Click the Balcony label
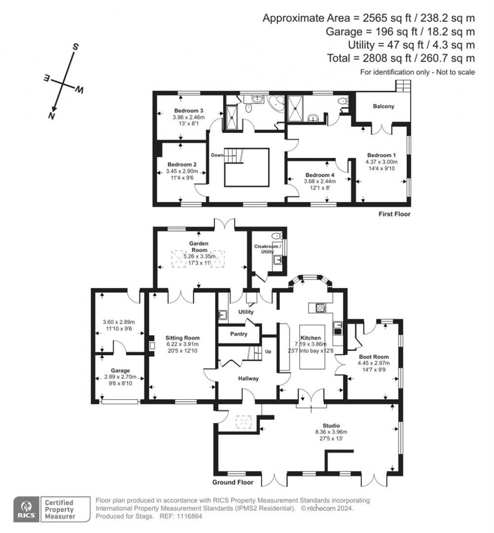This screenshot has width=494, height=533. [x=384, y=106]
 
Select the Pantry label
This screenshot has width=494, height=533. [x=239, y=334]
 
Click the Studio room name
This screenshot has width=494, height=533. [x=331, y=425]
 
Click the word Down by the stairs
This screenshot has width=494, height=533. [x=217, y=155]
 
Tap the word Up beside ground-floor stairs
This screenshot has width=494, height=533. [x=268, y=351]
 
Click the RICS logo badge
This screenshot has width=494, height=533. [x=26, y=509]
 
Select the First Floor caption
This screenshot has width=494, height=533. [x=394, y=214]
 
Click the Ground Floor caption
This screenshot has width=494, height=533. [x=233, y=482]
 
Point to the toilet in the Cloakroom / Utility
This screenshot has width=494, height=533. [x=276, y=237]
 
